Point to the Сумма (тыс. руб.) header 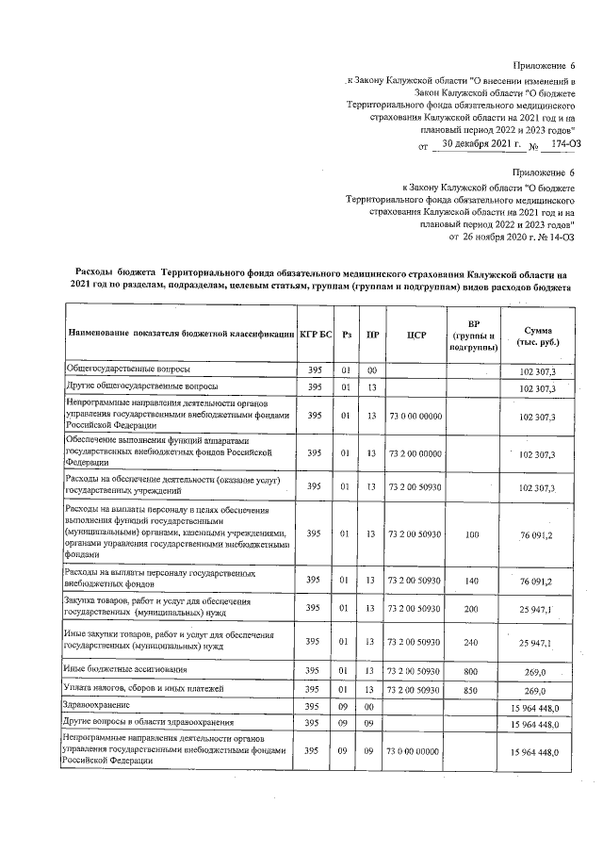[546, 334]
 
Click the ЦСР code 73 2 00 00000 [416, 453]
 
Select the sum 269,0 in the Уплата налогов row [546, 689]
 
